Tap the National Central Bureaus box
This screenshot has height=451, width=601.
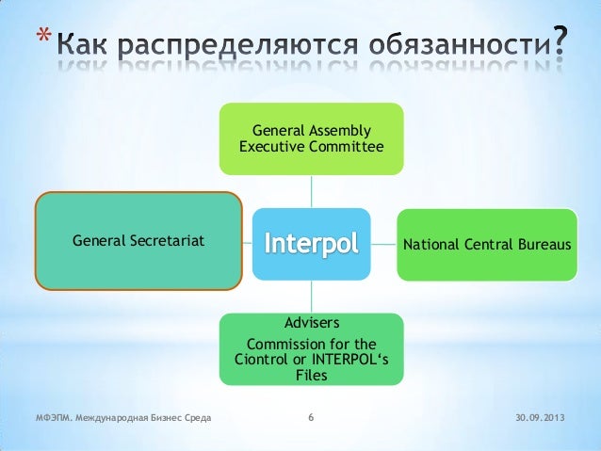coord(486,244)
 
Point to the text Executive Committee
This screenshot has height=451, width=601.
coord(312,147)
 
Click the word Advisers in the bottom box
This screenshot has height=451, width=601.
coord(312,324)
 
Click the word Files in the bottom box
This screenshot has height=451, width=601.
coord(311,375)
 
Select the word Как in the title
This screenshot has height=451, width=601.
coord(82,44)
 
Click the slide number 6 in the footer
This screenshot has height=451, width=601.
coord(312,417)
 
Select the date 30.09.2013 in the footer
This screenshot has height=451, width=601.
coord(542,417)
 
